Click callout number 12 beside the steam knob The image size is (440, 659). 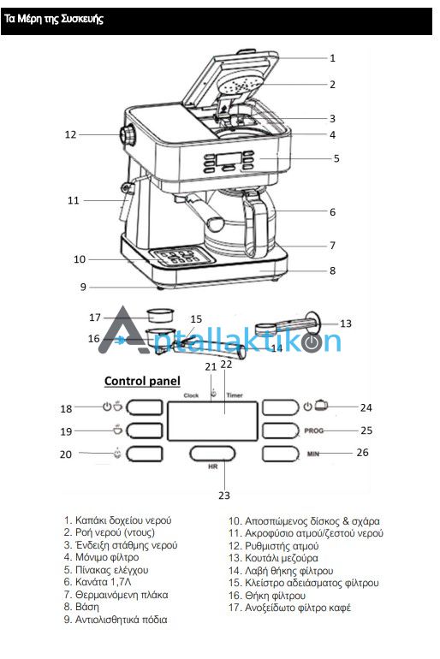point(70,134)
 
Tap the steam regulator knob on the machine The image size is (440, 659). point(128,136)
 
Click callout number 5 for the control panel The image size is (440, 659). point(336,159)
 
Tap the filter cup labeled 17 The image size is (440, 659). point(161,316)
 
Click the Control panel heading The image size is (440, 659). point(142,381)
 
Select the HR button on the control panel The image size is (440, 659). point(212,454)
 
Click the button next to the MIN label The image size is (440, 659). point(281,454)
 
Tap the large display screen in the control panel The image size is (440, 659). point(212,421)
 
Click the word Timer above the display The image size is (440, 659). point(235,395)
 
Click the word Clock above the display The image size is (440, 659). point(191,395)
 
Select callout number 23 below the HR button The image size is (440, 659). point(224,496)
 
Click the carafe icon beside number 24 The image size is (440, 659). point(321,405)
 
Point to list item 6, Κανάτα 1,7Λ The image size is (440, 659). point(98,582)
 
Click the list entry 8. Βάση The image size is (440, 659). point(81,607)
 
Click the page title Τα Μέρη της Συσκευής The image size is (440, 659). point(54,20)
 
